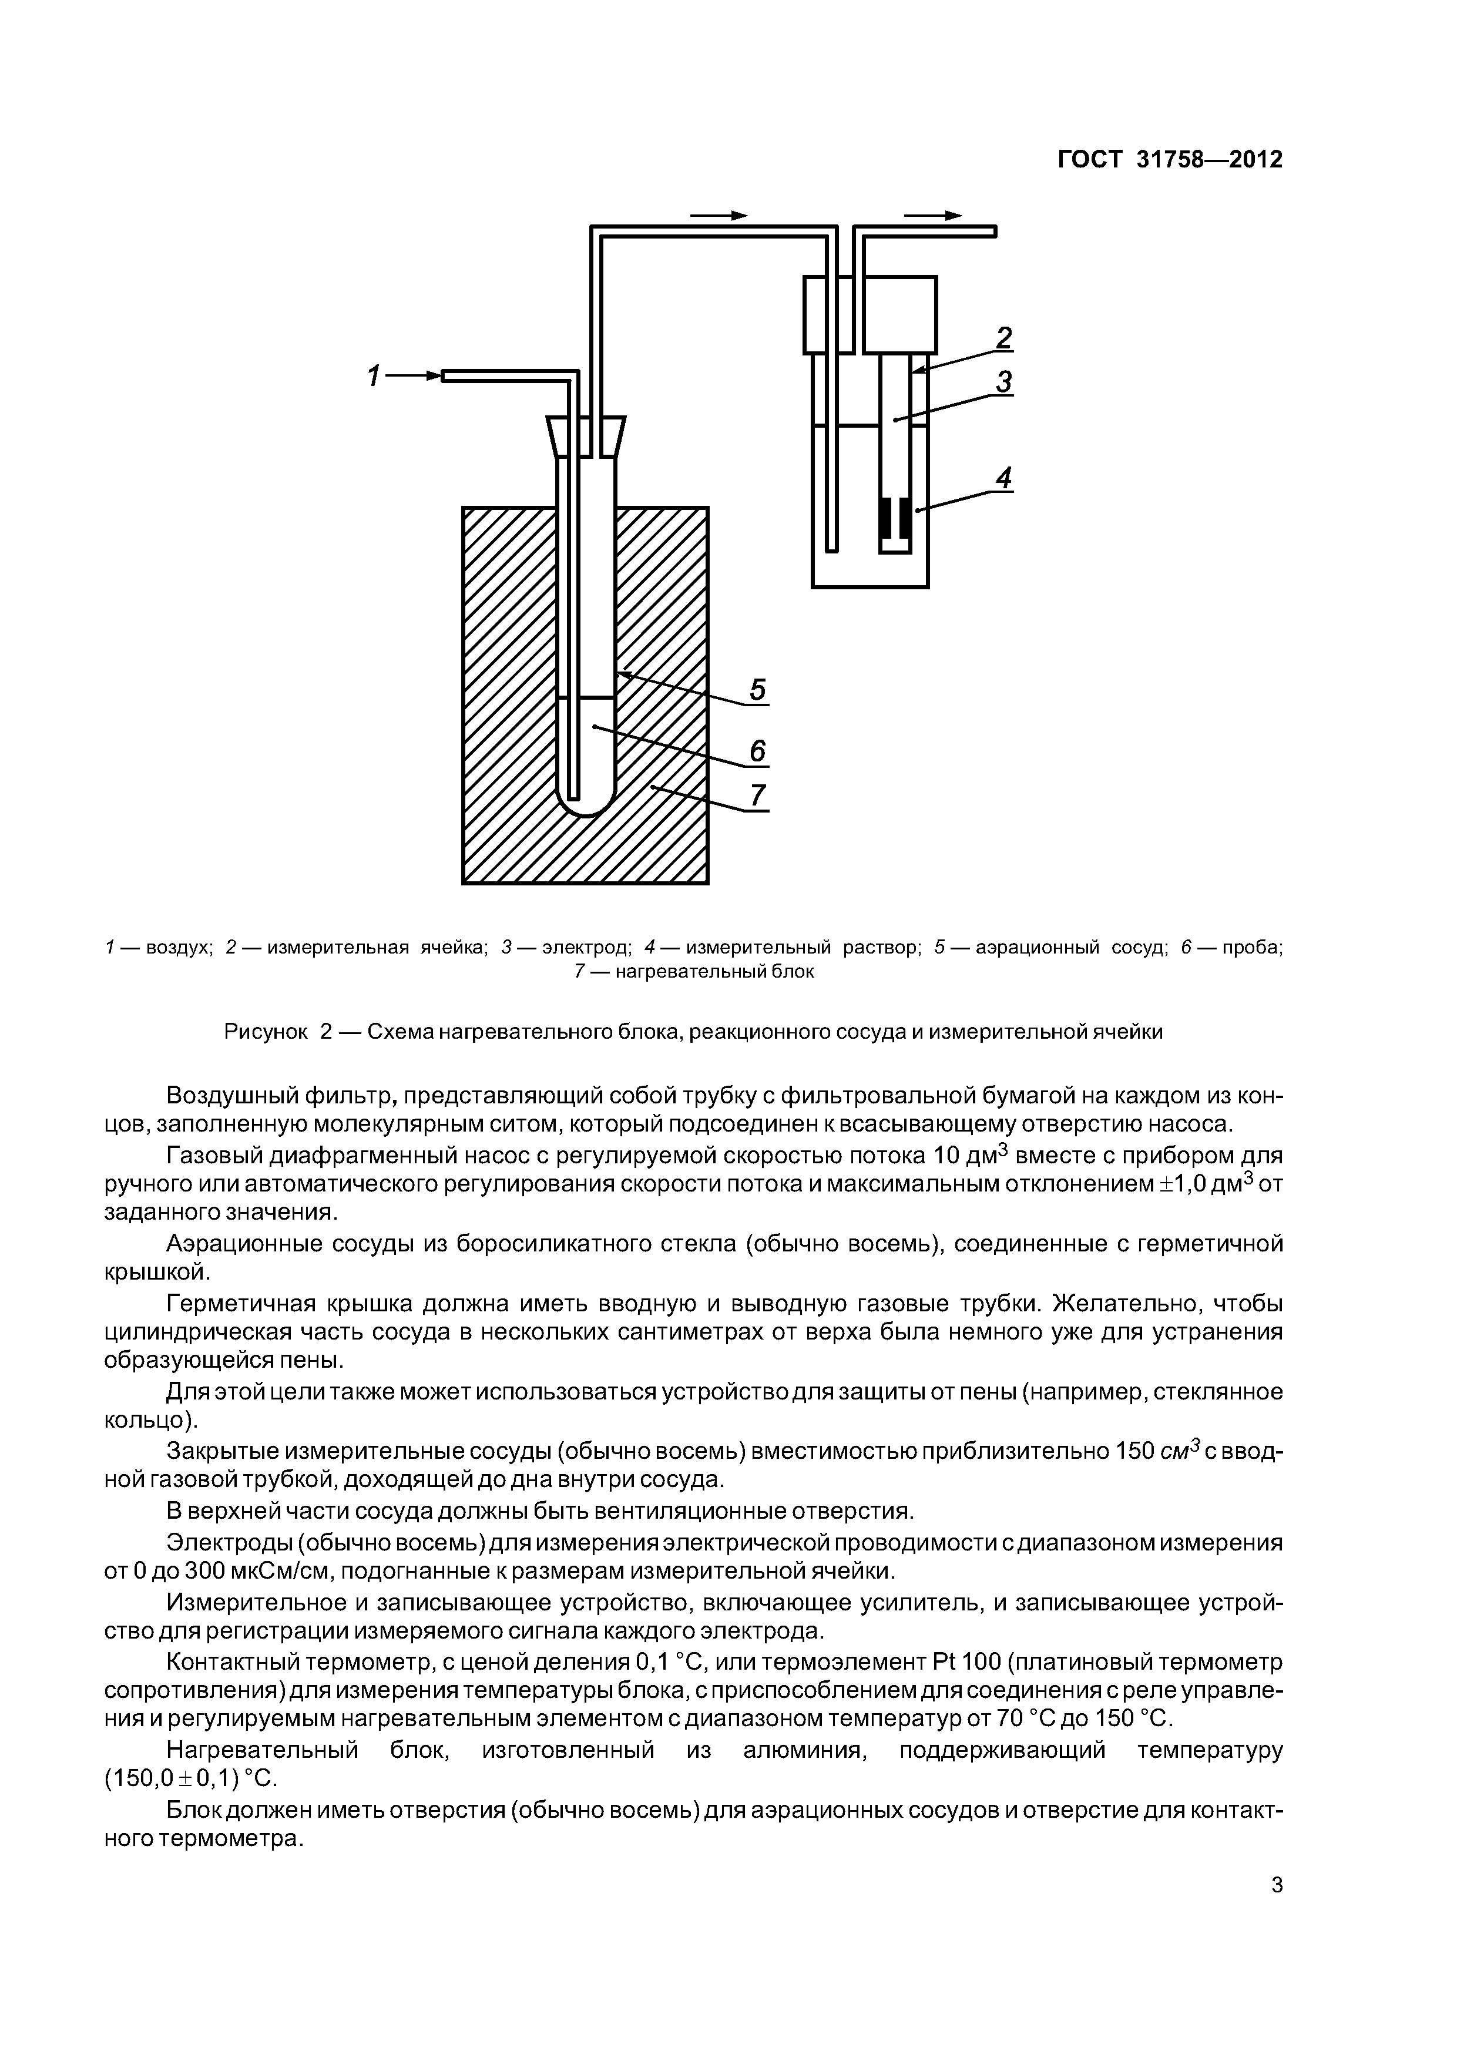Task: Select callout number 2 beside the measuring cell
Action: point(1003,338)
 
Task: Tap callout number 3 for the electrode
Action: point(1003,382)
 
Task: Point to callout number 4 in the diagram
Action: point(1003,478)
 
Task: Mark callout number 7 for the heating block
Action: point(758,796)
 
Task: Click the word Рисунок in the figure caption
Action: point(266,1032)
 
